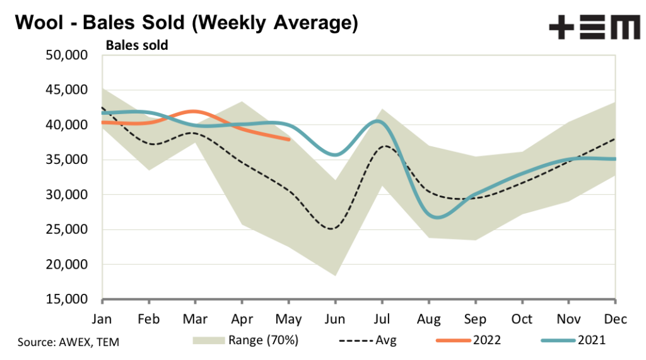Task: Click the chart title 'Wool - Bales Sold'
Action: tap(186, 23)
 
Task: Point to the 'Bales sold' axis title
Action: tap(136, 45)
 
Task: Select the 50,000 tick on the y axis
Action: tap(66, 55)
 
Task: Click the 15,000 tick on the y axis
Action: tap(66, 299)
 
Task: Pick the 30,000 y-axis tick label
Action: tap(66, 195)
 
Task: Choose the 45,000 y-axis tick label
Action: tap(66, 90)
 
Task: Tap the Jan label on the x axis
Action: tap(102, 319)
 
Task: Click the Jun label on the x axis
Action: tap(335, 319)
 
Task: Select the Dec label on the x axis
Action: tap(615, 319)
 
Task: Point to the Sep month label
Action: tap(475, 319)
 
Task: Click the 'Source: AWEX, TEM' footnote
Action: tap(69, 342)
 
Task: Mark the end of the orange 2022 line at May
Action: tap(288, 139)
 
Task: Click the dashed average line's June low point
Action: tap(332, 228)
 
